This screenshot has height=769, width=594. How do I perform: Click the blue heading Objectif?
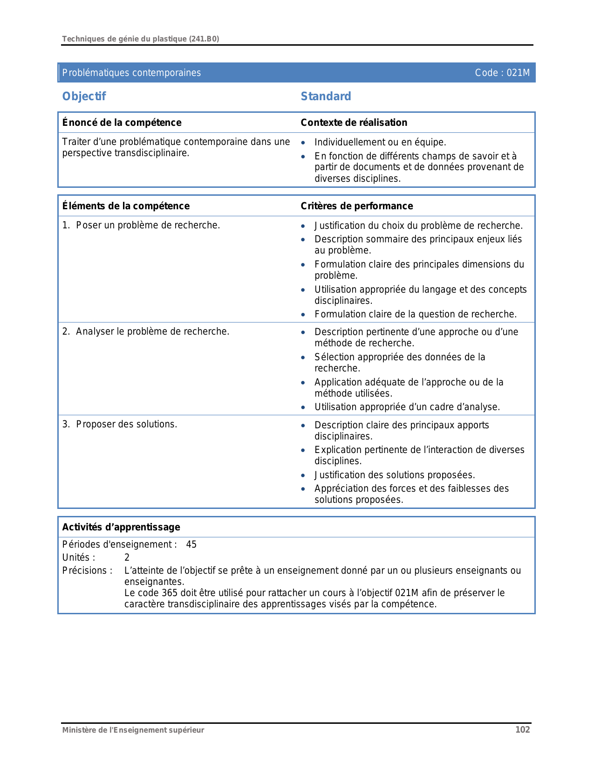(x=84, y=96)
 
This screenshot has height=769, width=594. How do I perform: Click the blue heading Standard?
(x=326, y=96)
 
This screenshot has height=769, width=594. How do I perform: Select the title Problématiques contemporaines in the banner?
(x=131, y=73)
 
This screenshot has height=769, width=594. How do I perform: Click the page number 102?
(x=522, y=730)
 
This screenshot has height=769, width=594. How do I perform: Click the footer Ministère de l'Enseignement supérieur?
(x=133, y=730)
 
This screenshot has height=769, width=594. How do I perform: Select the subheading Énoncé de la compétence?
(x=122, y=123)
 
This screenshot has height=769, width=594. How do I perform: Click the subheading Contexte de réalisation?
(x=354, y=123)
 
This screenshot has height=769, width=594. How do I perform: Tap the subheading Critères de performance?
(x=356, y=206)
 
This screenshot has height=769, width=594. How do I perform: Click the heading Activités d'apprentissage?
(x=121, y=527)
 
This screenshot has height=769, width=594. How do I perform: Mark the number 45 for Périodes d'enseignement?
(x=191, y=544)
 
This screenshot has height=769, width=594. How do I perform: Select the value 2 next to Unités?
(x=127, y=557)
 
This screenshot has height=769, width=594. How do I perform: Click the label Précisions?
(x=87, y=570)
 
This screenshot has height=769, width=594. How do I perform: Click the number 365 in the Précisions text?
(x=170, y=593)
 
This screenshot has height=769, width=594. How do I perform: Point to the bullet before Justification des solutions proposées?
(x=303, y=476)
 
